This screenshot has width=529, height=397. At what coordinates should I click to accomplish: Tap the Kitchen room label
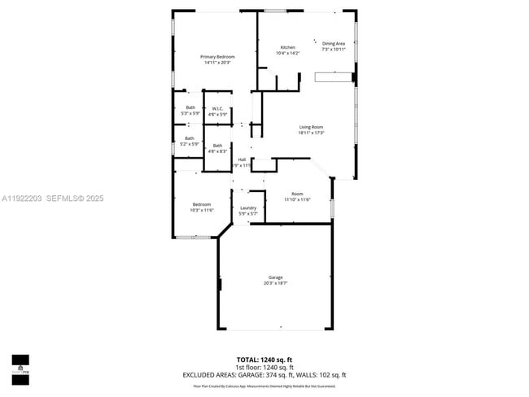pos(288,50)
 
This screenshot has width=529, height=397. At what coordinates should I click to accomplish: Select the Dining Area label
pos(334,46)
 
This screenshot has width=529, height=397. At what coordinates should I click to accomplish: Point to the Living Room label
pos(311,130)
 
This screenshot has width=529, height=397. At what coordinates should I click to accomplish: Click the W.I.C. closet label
pos(217,111)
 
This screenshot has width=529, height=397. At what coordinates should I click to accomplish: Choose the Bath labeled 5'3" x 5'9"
pos(190,111)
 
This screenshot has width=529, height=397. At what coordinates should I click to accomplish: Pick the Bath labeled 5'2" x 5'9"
pos(190,141)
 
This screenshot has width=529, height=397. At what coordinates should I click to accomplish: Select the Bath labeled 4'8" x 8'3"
pos(217,148)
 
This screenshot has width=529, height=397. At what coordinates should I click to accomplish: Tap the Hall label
pos(242,162)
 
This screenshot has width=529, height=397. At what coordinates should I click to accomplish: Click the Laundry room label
pos(248,211)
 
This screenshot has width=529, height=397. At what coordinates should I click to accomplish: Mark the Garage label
pos(275,280)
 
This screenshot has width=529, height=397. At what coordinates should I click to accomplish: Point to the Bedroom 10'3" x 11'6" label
pos(202,207)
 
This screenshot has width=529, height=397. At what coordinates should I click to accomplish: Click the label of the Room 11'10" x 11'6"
pos(297,196)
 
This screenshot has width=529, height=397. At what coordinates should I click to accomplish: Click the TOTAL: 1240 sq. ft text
pos(264,359)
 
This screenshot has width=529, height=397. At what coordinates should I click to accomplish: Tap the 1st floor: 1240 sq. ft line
pos(264,367)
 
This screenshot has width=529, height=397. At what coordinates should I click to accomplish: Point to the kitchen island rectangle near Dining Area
pos(333,77)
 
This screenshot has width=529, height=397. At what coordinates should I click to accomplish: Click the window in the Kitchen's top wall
pos(275,11)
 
